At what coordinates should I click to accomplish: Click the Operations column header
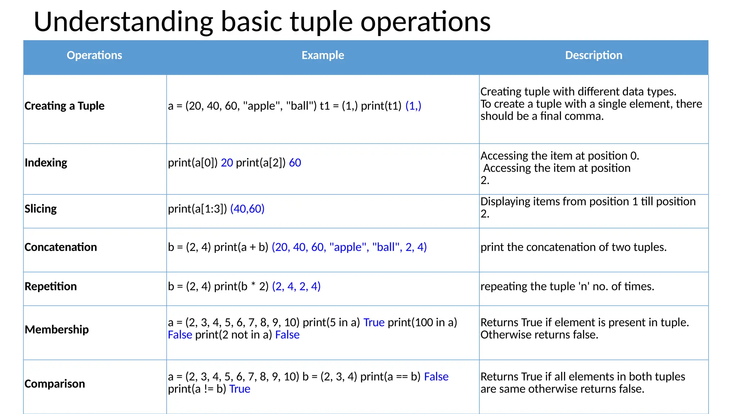point(94,55)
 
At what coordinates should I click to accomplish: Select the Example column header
point(323,55)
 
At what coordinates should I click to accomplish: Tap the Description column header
point(593,55)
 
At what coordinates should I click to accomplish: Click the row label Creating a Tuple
point(64,106)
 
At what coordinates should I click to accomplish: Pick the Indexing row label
point(46,163)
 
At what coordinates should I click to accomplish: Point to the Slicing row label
point(41,209)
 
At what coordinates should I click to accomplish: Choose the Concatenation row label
point(60,247)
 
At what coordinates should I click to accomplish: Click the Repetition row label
point(50,286)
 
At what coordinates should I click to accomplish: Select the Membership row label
point(56,330)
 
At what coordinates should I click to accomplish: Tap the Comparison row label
point(55,384)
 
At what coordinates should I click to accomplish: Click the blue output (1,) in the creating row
point(413,106)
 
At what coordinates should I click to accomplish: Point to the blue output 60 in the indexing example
point(295,163)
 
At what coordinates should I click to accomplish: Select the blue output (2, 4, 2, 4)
point(296,286)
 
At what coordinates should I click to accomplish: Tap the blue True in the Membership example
point(374,322)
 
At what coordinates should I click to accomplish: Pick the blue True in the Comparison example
point(240,389)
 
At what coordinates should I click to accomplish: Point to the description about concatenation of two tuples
point(573,247)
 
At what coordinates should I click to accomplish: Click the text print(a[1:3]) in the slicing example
point(197,209)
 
